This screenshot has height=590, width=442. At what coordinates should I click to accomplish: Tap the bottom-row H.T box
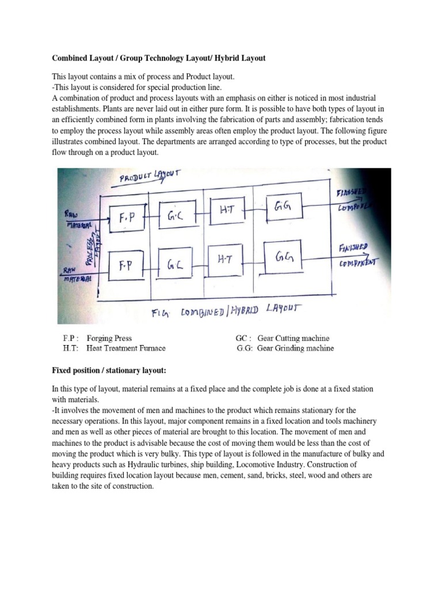(226, 260)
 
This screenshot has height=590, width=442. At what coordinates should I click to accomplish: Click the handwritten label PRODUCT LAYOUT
(151, 176)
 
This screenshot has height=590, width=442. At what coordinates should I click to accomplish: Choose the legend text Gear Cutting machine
(292, 338)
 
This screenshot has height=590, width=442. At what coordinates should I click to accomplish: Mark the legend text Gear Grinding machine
(294, 348)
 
